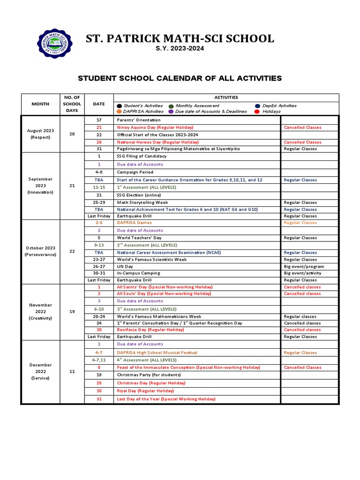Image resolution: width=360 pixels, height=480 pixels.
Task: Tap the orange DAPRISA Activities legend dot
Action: pos(119,112)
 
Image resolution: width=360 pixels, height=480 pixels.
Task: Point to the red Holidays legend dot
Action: pos(256,112)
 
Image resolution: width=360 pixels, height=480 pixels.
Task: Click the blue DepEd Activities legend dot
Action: pos(258,106)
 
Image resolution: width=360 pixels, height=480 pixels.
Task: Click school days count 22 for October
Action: pos(72,251)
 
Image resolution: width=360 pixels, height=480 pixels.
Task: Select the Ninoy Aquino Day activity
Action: pos(155,127)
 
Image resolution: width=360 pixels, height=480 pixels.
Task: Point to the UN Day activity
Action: pos(125,266)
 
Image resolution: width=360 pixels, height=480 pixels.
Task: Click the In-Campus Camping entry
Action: pos(138,273)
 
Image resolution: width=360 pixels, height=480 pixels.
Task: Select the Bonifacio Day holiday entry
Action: pos(150,330)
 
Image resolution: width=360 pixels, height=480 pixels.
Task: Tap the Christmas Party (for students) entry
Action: pos(149,375)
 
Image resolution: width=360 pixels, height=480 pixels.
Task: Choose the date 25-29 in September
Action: pos(99,202)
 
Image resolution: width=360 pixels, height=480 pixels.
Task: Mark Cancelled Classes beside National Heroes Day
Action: pos(302,142)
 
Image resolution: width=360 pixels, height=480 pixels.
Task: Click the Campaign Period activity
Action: pos(135,172)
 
